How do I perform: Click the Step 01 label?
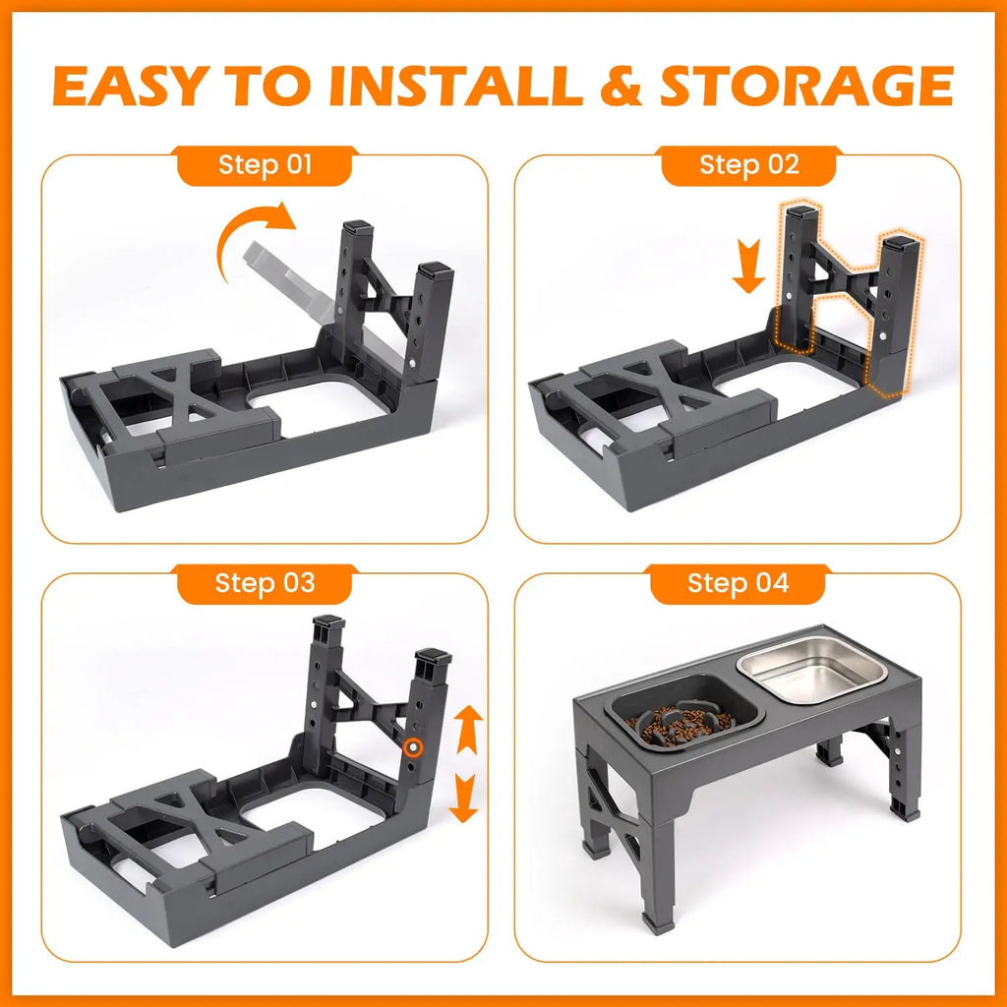click(264, 164)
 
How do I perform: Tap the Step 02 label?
click(749, 164)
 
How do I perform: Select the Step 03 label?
click(265, 583)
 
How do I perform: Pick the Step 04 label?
click(738, 583)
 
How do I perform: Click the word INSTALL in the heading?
click(456, 87)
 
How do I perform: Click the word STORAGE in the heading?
click(806, 87)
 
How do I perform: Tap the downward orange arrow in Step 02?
click(748, 271)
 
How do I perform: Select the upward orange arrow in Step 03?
click(466, 732)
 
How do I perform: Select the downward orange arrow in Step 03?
click(462, 798)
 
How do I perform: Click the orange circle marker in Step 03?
click(415, 748)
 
